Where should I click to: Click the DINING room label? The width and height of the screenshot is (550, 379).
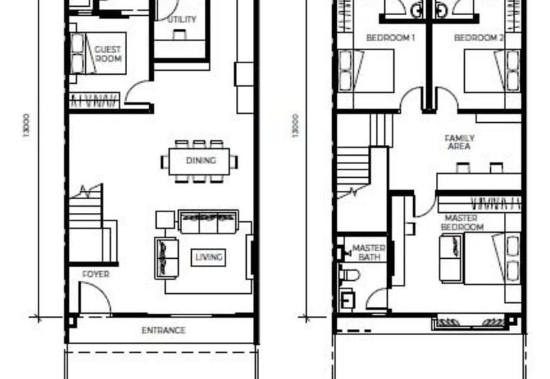201,161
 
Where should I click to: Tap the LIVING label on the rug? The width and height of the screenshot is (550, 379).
209,257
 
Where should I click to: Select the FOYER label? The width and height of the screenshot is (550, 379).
96,274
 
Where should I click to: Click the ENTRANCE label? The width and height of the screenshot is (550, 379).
164,330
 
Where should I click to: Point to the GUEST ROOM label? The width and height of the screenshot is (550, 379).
108,54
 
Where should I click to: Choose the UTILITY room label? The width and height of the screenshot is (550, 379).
181,20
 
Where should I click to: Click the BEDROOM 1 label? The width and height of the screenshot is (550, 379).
390,38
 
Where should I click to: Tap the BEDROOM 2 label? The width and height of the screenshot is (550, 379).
478,38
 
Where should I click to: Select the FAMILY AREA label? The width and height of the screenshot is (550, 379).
459,142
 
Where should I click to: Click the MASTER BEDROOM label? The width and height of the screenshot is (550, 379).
462,222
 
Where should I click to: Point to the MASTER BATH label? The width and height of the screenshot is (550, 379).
368,253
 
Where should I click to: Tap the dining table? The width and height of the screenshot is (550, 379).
199,161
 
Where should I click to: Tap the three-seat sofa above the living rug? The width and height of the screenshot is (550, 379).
208,222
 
